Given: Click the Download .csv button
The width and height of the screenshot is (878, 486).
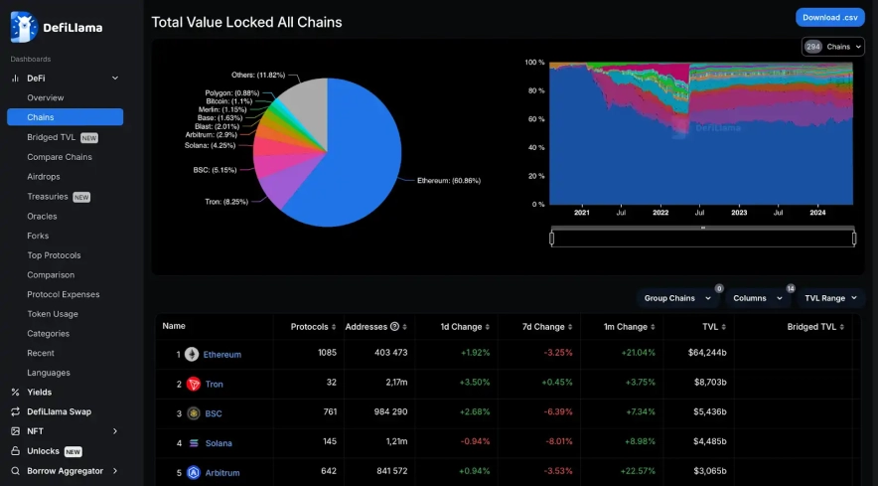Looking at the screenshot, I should (x=829, y=17).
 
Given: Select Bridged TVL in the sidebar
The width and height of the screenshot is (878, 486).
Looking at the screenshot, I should (x=52, y=137).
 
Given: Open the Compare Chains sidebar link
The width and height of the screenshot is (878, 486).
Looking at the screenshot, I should (x=60, y=157).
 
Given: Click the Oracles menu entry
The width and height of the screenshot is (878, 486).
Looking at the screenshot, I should (x=42, y=216).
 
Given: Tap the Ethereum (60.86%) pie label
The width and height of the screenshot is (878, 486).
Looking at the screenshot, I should (x=449, y=181).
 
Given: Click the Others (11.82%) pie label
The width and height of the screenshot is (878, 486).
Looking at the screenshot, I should (x=257, y=75).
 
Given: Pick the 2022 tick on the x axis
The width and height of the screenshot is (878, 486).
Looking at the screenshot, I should (x=660, y=213).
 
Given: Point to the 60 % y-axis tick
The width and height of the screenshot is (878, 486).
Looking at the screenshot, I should (x=534, y=118).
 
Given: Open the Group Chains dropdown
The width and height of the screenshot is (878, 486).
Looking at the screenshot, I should (x=677, y=298).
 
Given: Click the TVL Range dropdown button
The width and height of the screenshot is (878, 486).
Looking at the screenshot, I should (x=830, y=298).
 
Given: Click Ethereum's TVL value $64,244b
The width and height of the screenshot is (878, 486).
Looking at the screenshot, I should (x=707, y=354).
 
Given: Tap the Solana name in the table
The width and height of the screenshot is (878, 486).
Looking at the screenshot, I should (x=218, y=443).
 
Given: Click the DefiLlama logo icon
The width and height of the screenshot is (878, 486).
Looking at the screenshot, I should (x=24, y=27).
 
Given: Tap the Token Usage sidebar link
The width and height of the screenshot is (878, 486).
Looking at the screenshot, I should (x=53, y=314).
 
